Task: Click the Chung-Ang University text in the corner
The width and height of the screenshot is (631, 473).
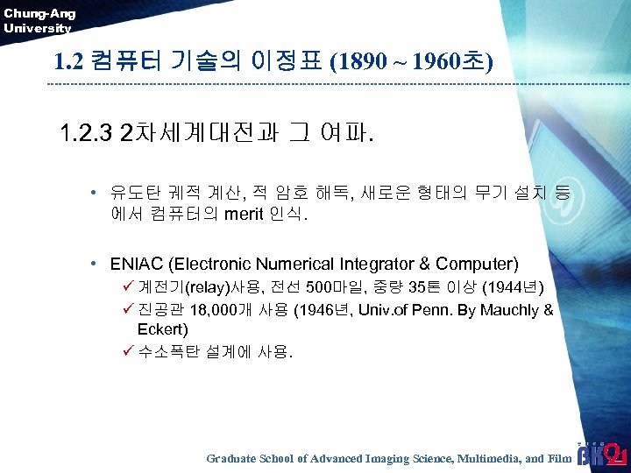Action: click(x=39, y=20)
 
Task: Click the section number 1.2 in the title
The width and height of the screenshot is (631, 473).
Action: click(x=68, y=63)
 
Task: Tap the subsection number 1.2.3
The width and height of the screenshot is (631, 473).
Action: click(x=86, y=134)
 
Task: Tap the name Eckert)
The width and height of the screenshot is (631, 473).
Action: click(x=163, y=331)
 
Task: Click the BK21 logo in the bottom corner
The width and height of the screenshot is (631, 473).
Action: click(x=601, y=454)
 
